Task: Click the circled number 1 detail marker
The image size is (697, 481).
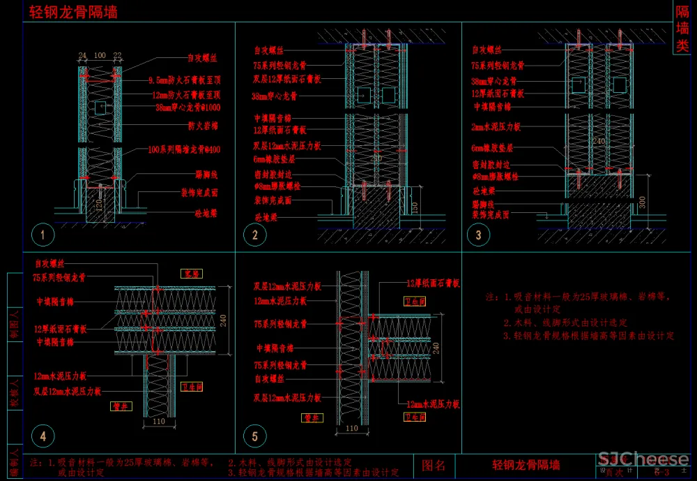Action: (x=43, y=235)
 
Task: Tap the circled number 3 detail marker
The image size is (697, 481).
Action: (x=478, y=235)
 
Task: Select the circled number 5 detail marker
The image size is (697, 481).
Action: (x=254, y=437)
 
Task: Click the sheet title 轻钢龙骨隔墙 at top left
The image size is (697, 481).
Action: (x=73, y=12)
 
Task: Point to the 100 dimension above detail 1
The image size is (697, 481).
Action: (x=100, y=54)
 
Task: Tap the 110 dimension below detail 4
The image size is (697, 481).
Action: (x=158, y=421)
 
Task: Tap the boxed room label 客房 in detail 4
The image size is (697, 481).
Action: (x=191, y=273)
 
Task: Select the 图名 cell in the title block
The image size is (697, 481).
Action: (x=434, y=465)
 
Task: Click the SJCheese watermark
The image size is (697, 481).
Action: (x=643, y=460)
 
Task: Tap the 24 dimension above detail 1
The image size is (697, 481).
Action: (x=82, y=54)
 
